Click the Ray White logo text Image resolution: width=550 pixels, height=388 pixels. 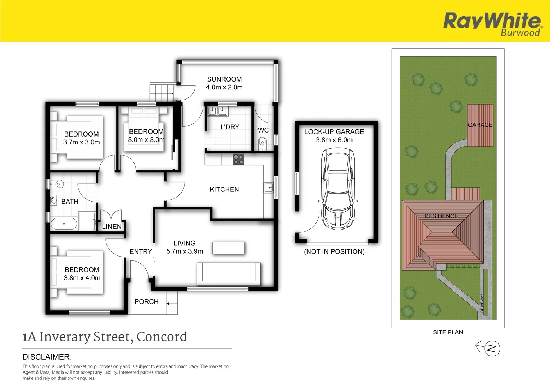[491, 20]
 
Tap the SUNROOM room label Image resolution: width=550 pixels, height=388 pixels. [224, 79]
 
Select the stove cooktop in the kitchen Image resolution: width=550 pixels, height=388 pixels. [238, 159]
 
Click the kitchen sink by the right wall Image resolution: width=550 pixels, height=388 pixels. [268, 188]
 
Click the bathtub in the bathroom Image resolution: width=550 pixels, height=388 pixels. [64, 224]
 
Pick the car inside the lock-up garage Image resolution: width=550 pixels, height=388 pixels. [338, 189]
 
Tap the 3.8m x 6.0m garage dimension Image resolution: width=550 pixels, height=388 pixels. [334, 140]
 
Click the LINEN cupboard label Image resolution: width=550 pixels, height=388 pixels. [112, 227]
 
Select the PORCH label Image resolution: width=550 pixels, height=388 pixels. [146, 302]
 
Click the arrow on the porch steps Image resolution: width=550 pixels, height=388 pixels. [172, 304]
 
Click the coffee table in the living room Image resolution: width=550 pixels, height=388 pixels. [228, 248]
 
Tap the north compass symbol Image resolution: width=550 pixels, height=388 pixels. [491, 348]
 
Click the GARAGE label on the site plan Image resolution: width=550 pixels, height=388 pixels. [480, 125]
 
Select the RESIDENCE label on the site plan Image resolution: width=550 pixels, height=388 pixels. [441, 216]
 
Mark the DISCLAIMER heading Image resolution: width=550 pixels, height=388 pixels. [47, 357]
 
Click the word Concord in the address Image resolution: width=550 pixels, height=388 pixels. [162, 337]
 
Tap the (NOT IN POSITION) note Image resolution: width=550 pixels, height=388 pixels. [334, 252]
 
